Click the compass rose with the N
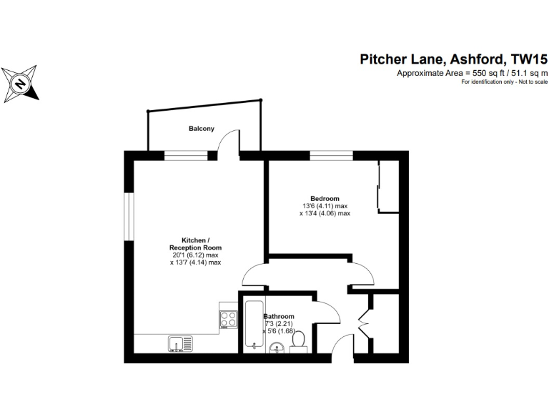click(21, 82)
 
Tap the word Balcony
click(201, 129)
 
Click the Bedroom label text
click(325, 198)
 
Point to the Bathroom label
click(278, 316)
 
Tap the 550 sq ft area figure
click(483, 73)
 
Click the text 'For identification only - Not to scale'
click(505, 82)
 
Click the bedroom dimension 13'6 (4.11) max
click(325, 206)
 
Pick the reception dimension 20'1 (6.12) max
click(194, 255)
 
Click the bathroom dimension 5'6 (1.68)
click(280, 331)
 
